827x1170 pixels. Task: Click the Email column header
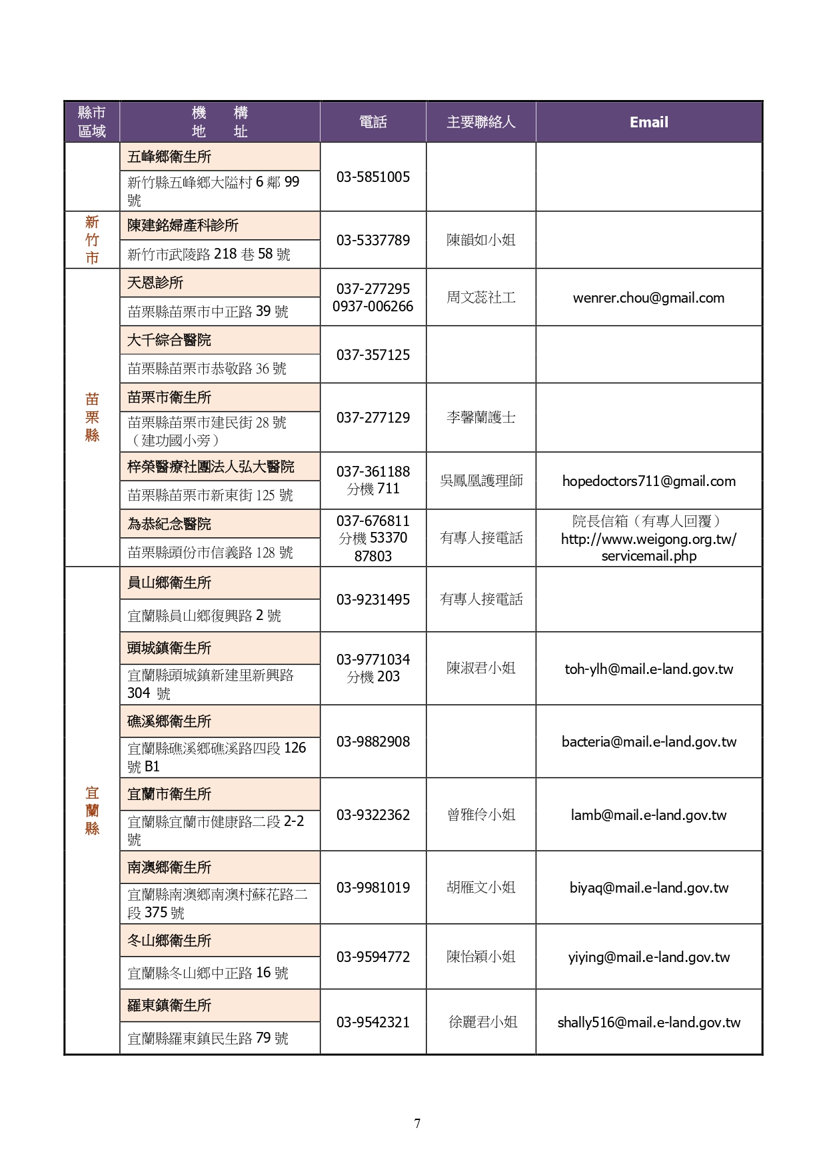click(x=648, y=122)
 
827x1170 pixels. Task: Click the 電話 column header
click(x=373, y=122)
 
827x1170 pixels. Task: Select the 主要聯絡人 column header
click(x=480, y=122)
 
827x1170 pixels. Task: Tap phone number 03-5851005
click(x=373, y=177)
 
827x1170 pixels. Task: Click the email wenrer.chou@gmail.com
click(x=648, y=298)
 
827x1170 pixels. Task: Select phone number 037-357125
click(x=373, y=355)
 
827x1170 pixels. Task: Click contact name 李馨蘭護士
click(x=480, y=417)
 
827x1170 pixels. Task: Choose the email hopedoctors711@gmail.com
click(x=648, y=481)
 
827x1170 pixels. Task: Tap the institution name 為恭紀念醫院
click(x=169, y=524)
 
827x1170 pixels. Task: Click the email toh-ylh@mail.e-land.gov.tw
click(x=648, y=669)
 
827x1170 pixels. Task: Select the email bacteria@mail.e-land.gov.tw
click(x=648, y=741)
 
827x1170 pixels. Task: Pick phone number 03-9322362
click(x=373, y=815)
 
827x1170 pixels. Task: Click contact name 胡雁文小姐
click(x=480, y=887)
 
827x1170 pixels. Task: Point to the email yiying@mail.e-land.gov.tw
click(x=648, y=957)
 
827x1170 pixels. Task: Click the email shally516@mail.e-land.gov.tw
click(x=648, y=1022)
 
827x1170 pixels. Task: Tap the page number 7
click(x=417, y=1123)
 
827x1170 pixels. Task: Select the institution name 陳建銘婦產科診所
click(x=183, y=225)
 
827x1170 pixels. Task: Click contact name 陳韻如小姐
click(x=480, y=240)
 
